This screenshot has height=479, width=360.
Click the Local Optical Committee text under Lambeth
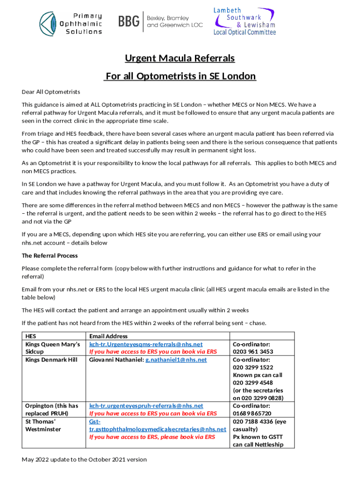click(x=245, y=32)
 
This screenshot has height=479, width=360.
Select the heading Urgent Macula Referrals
click(x=180, y=58)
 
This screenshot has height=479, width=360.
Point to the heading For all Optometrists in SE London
click(x=180, y=76)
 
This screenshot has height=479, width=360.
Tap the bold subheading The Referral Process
click(x=50, y=256)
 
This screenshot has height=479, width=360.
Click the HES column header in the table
click(x=31, y=336)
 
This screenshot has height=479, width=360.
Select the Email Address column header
click(x=108, y=336)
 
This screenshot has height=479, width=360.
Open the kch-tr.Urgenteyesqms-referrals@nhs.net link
click(x=146, y=344)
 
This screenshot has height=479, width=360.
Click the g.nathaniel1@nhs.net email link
click(x=176, y=360)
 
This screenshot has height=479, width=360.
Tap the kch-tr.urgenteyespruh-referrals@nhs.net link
click(x=146, y=406)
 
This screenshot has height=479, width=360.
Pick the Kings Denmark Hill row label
click(x=51, y=360)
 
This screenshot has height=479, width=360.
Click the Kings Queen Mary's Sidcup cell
click(x=52, y=348)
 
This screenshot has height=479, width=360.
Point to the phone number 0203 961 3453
click(x=253, y=352)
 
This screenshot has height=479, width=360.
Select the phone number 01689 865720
click(x=252, y=414)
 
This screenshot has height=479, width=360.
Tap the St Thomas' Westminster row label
click(x=43, y=425)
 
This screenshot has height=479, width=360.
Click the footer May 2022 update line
click(x=84, y=459)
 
